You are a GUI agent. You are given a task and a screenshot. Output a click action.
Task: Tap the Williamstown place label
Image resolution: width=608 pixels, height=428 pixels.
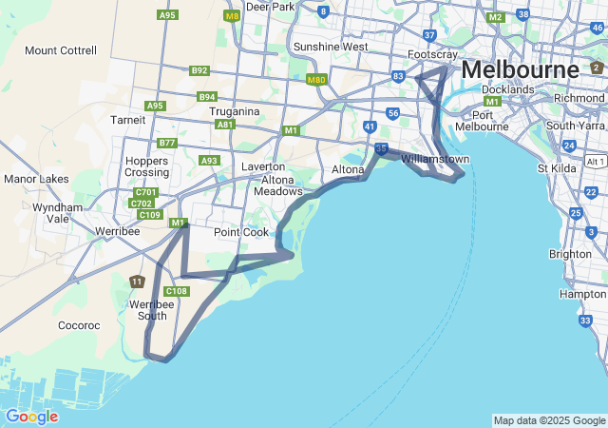435,159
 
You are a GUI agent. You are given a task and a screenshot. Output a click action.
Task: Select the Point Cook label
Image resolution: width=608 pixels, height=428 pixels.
241,232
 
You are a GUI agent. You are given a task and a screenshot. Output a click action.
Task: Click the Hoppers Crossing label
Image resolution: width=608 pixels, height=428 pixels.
147,167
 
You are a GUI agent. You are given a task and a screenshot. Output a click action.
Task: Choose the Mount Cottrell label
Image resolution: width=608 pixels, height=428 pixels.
61,50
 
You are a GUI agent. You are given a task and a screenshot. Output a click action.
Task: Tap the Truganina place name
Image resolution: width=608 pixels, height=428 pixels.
235,111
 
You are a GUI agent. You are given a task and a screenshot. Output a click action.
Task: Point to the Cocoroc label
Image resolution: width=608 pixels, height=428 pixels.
78,325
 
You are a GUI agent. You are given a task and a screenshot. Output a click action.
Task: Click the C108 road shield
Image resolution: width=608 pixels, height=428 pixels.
176,291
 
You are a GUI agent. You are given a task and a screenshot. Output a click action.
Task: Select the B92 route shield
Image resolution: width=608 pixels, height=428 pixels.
199,70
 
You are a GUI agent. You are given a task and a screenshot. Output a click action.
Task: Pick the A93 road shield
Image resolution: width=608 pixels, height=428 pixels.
210,161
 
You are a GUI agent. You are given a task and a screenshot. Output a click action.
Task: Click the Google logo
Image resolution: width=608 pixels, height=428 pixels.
31,417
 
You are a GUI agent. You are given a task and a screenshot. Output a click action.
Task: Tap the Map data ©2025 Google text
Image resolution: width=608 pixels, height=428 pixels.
549,420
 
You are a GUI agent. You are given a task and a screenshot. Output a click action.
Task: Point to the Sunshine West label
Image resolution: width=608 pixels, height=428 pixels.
331,47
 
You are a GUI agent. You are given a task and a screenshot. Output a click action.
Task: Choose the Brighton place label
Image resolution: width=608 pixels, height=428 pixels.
570,254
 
